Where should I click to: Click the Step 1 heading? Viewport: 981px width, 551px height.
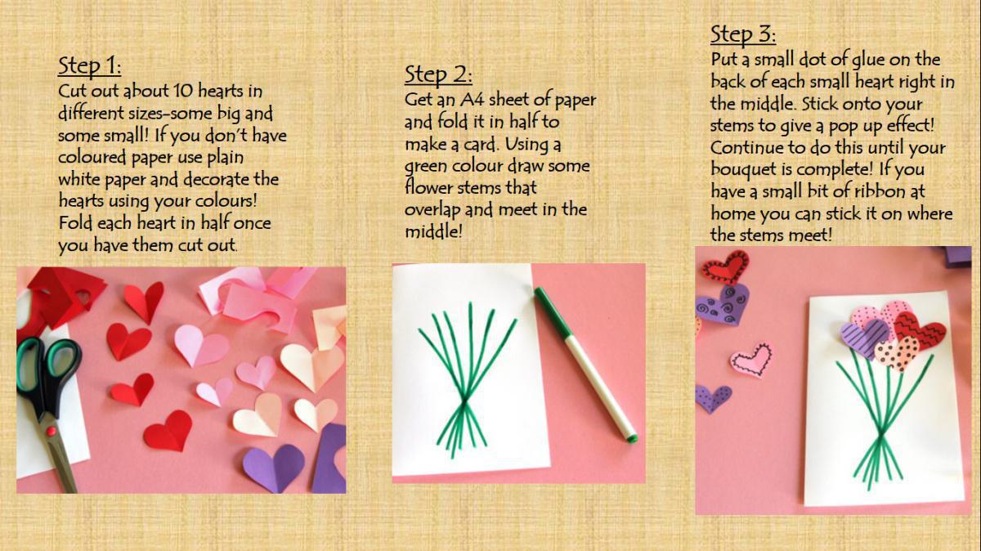point(89,66)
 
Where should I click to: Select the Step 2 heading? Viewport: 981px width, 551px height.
point(438,74)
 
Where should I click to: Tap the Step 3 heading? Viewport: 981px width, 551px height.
point(743,34)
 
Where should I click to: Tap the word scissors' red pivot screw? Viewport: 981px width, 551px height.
point(52,431)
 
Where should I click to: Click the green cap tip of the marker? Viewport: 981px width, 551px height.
point(631,438)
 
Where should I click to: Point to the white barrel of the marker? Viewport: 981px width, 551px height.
point(592,378)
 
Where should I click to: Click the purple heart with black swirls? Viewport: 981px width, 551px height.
point(722,304)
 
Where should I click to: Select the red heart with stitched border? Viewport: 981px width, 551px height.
point(725,266)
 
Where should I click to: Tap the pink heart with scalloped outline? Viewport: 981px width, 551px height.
point(750,361)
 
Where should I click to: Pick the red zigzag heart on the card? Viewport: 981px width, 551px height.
point(917,331)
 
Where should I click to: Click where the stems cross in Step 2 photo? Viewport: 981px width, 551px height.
point(464,404)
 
